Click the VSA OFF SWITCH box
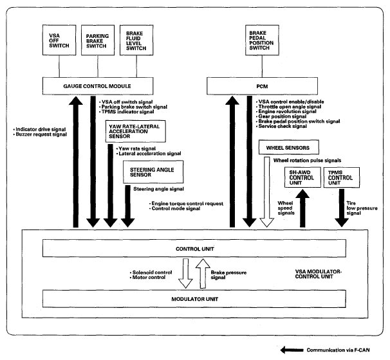59,40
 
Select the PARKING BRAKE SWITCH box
98,40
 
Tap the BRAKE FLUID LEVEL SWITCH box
136,40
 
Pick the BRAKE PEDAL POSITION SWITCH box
262,40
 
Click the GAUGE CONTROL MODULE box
98,86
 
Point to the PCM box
262,86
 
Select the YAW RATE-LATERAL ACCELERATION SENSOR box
136,131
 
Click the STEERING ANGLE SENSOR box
153,172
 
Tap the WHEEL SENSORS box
289,147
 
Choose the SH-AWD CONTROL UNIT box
302,177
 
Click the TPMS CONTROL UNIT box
342,177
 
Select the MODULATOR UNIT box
194,299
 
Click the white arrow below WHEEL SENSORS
267,192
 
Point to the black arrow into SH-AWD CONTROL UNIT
302,208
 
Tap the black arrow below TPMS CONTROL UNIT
342,208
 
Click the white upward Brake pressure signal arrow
203,274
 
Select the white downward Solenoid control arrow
185,274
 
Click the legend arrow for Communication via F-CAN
292,350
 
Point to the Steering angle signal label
159,189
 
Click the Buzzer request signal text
41,134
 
